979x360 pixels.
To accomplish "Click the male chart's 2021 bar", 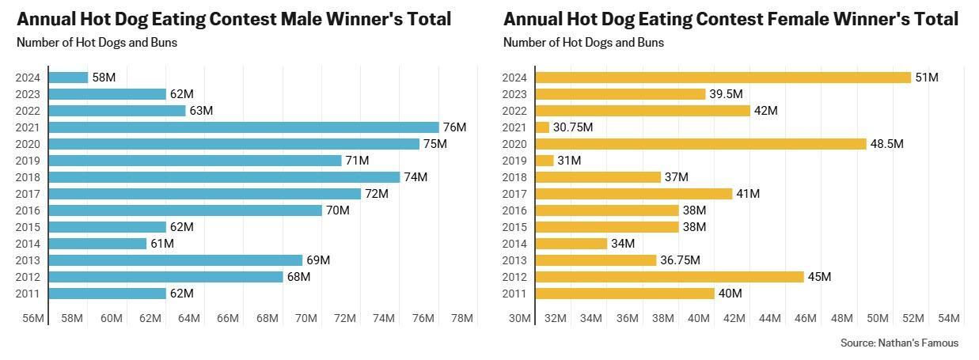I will tap(244, 127).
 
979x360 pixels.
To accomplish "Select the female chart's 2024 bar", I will tap(723, 78).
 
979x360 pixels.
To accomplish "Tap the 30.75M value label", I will tap(571, 127).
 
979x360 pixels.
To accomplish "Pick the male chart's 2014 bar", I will tap(98, 244).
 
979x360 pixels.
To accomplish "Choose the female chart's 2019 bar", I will tap(545, 161).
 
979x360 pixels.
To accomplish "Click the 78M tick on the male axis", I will tap(462, 319).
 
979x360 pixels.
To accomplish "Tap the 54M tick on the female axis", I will tap(948, 319).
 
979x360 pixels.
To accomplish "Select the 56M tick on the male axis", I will tap(33, 319).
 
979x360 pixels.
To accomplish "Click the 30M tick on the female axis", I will tap(519, 319).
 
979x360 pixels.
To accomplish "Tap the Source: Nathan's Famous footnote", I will tap(899, 343).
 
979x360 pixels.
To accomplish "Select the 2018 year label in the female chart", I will tap(514, 177).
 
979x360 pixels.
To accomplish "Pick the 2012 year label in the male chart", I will tap(28, 277).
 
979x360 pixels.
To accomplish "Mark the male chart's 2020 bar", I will tap(234, 144).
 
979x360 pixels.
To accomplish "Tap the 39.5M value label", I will tap(726, 94).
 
